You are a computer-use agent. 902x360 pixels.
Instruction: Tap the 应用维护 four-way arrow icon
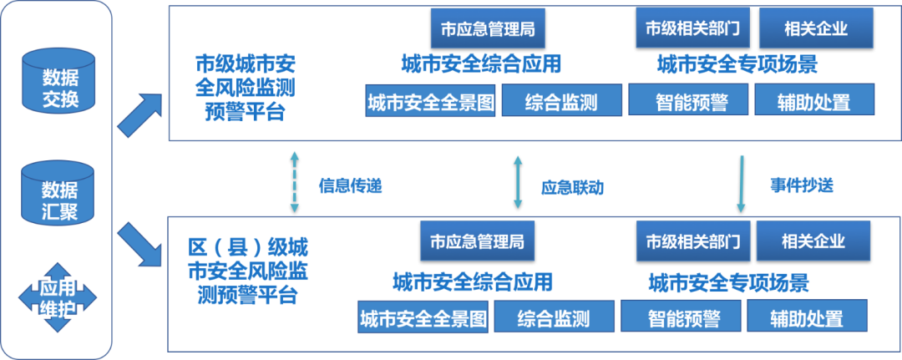(58, 298)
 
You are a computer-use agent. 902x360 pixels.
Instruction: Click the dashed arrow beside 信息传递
(294, 180)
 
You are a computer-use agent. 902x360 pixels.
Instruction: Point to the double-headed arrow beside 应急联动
(519, 180)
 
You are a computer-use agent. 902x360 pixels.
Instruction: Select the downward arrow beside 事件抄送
(740, 180)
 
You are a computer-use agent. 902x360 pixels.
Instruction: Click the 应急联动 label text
(571, 187)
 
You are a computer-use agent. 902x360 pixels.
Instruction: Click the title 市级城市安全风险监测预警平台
(245, 88)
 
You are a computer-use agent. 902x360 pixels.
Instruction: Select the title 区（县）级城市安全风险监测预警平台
(246, 271)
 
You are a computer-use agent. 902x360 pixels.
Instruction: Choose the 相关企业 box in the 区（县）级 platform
(813, 241)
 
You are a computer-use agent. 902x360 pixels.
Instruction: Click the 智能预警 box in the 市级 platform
(691, 102)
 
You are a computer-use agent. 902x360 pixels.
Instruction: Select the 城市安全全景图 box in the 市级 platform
(431, 102)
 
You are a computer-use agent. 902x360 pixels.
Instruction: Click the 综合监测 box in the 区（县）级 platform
(553, 317)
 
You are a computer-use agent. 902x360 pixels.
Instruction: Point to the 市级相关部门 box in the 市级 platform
(693, 28)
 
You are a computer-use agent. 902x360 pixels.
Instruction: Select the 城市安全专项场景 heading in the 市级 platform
(737, 63)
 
